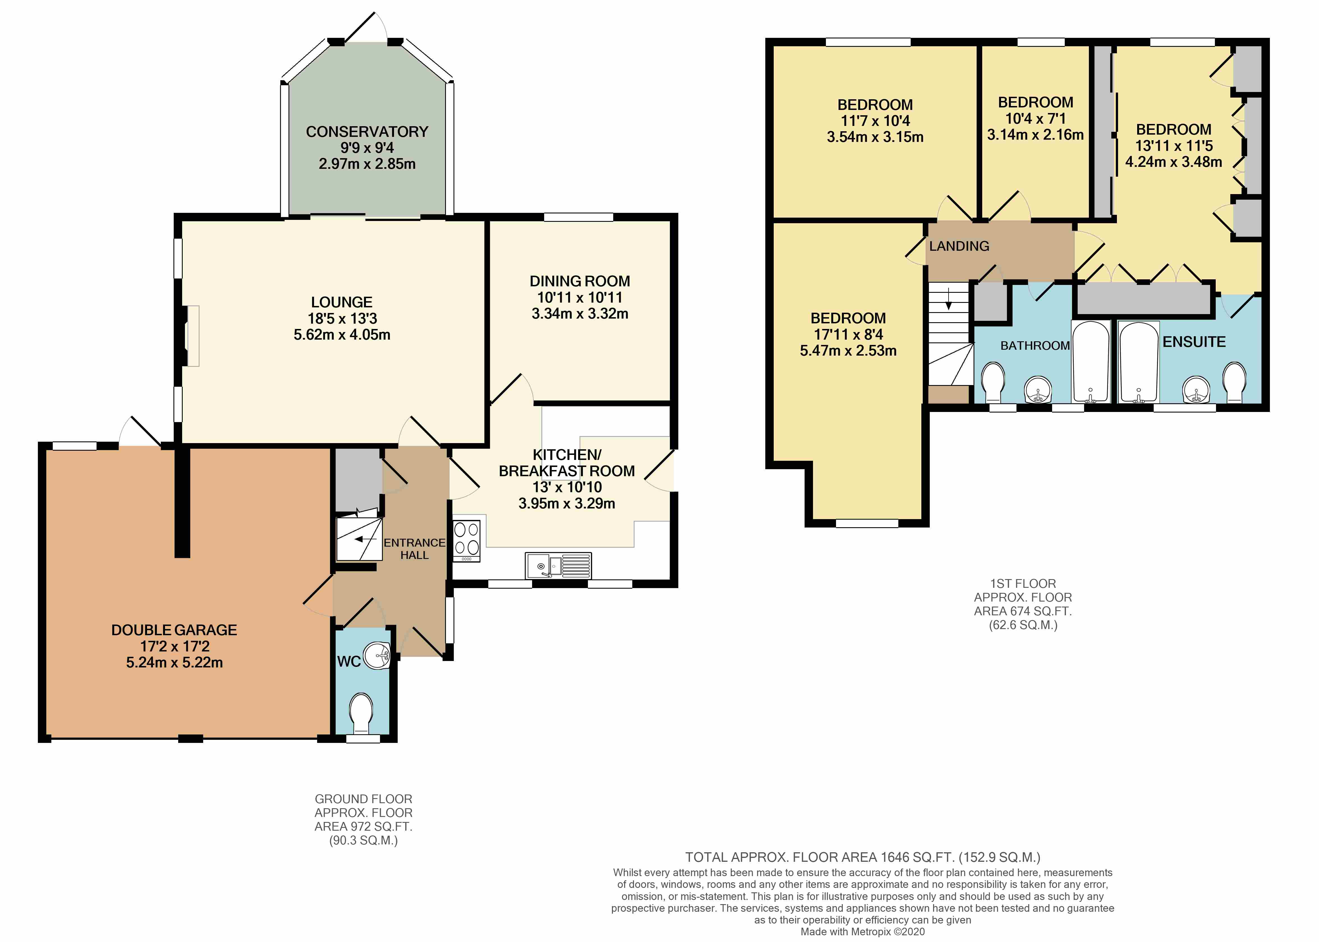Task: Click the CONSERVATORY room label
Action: coord(367,132)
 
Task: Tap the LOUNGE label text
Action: coord(342,302)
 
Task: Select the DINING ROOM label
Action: coord(580,281)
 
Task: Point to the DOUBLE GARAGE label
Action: coord(174,630)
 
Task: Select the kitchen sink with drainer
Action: coord(558,566)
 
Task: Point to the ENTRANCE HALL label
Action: coord(414,549)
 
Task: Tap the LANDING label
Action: coord(959,246)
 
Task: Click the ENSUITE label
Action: coord(1194,342)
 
